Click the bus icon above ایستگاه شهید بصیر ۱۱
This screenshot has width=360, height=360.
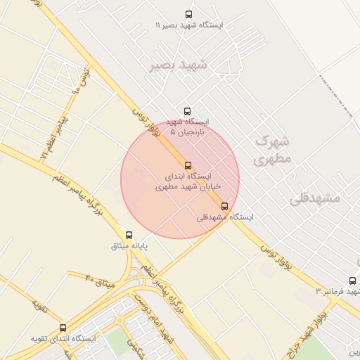[188, 14]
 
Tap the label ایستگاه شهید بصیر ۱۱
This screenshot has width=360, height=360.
[188, 25]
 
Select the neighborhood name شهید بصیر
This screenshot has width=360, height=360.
[178, 65]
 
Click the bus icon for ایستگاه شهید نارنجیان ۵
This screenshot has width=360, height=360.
[187, 111]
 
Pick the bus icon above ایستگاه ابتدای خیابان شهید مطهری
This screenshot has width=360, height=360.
[187, 165]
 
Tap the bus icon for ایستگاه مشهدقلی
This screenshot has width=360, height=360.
[224, 206]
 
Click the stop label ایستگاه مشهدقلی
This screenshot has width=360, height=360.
[224, 217]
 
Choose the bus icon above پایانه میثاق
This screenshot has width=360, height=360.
[129, 235]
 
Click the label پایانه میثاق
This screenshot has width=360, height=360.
[129, 247]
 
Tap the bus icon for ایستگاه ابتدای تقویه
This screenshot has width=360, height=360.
[63, 328]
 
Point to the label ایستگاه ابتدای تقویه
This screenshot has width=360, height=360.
[63, 339]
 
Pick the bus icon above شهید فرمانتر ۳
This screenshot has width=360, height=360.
[352, 281]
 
